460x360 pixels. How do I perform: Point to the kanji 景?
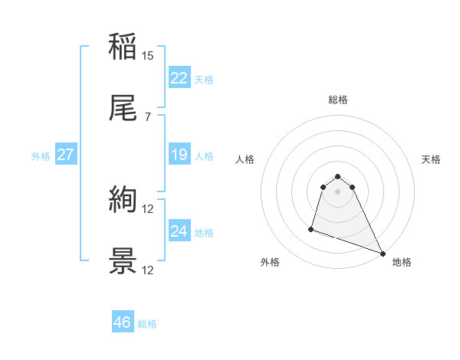point(123,261)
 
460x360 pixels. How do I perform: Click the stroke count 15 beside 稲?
point(148,56)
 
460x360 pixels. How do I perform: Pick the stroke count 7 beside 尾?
point(148,117)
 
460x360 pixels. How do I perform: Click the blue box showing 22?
point(179,78)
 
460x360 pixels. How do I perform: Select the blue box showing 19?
point(179,155)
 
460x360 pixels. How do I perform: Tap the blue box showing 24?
point(179,232)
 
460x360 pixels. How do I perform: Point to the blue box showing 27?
point(65,155)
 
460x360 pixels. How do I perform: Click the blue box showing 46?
point(122,322)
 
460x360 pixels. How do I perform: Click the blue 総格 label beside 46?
point(147,324)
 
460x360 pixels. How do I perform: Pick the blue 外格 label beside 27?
point(41,156)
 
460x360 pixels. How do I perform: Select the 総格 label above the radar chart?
point(338,100)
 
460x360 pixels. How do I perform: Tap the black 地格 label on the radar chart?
point(402,263)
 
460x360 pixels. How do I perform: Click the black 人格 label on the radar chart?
point(245,159)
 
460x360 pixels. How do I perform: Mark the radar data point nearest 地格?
point(382,253)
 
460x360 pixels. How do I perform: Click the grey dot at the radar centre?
point(338,191)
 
